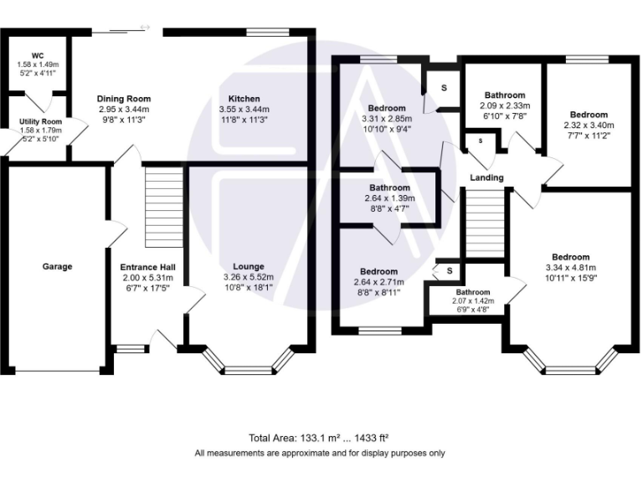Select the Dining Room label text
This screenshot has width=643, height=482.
point(124,99)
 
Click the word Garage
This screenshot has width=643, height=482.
point(57,267)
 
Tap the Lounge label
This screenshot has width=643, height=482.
point(249,267)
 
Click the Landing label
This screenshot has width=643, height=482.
point(486,177)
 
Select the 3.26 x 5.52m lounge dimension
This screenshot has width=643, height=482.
point(249,277)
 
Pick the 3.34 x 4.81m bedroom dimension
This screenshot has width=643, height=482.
point(570,268)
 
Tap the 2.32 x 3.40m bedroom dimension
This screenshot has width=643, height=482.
point(589,126)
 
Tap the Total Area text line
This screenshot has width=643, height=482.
point(320,438)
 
